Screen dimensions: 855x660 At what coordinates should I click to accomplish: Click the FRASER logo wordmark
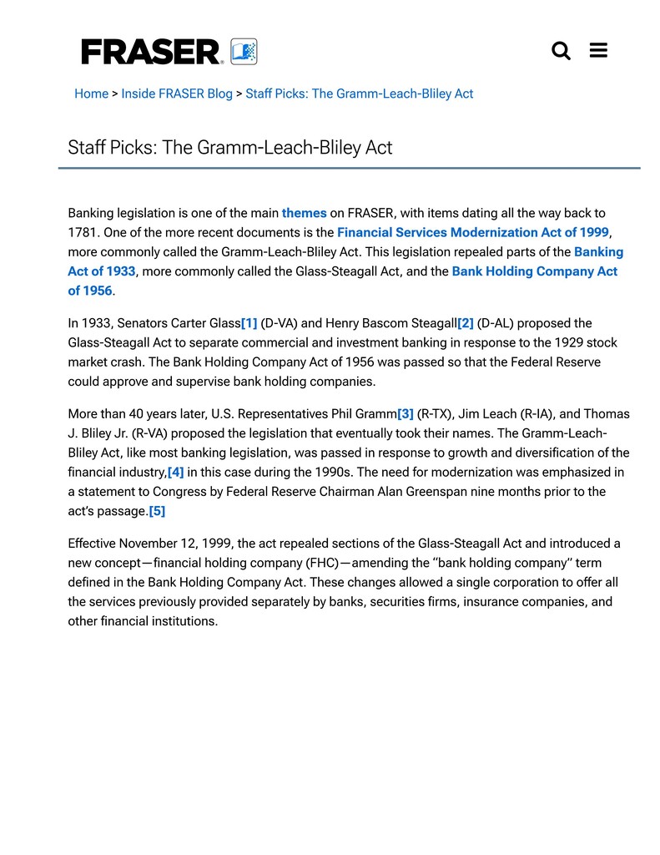click(151, 52)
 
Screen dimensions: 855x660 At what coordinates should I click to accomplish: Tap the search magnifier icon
click(562, 51)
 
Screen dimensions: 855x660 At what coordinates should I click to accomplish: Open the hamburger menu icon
click(598, 51)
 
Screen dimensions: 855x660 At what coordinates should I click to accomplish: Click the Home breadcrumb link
click(91, 94)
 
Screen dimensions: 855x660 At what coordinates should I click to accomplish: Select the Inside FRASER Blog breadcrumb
click(177, 94)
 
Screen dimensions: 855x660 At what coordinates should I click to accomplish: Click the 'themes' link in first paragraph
click(304, 213)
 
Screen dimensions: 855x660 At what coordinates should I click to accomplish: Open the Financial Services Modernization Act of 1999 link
click(472, 232)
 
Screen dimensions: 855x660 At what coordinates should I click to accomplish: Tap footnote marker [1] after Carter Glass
click(249, 323)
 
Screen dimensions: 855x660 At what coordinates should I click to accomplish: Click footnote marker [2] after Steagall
click(466, 323)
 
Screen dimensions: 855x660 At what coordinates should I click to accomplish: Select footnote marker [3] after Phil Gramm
click(406, 414)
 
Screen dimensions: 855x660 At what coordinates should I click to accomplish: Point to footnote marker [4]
click(175, 473)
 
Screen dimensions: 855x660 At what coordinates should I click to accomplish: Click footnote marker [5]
click(157, 511)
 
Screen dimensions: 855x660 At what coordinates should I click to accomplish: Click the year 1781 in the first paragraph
click(82, 232)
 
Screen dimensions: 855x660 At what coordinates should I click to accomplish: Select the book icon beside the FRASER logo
click(244, 52)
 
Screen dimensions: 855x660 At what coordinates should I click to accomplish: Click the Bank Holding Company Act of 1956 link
click(534, 271)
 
